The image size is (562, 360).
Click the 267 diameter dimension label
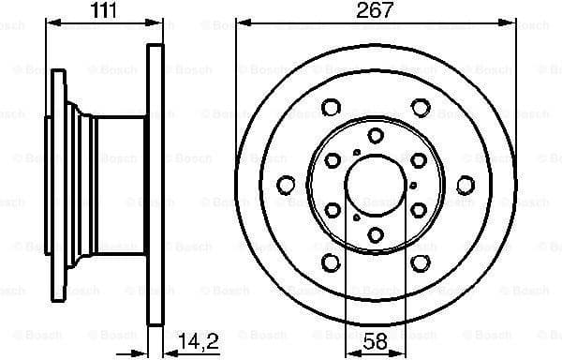coord(373,10)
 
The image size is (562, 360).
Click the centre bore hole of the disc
coord(373,183)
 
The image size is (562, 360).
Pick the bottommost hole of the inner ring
coord(373,232)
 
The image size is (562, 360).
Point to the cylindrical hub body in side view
coord(117,183)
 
